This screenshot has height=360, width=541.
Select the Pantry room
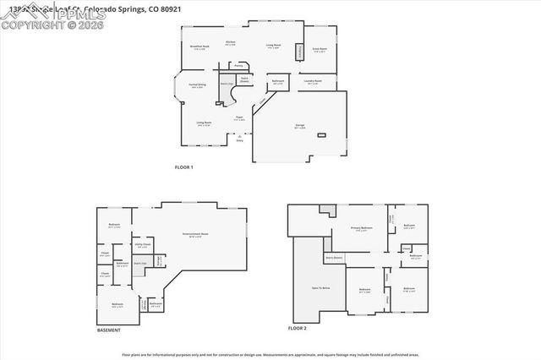(238, 64)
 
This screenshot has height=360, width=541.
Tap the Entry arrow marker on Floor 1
(240, 138)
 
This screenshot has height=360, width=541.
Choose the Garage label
(299, 126)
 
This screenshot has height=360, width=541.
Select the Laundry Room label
(314, 82)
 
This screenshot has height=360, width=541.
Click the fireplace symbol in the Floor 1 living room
(298, 52)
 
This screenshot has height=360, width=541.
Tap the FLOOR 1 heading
(183, 167)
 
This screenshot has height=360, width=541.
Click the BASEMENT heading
(109, 330)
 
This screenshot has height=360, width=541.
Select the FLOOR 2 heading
(297, 327)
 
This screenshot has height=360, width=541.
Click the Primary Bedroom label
(362, 229)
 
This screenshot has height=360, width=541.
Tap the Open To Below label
(320, 288)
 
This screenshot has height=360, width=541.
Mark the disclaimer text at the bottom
(270, 354)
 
